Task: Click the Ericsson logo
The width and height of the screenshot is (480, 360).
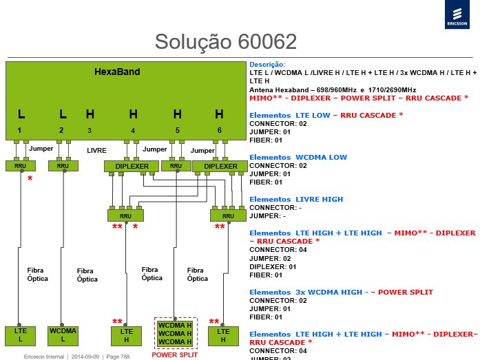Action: pos(457,14)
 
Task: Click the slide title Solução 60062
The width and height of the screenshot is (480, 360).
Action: pos(226,41)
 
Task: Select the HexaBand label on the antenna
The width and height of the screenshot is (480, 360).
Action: pos(117,72)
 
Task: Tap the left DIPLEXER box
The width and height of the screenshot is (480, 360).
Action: pos(132,167)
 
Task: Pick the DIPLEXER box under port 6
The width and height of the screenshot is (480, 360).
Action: pos(220,167)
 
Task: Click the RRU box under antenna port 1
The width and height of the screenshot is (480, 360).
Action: pos(21,166)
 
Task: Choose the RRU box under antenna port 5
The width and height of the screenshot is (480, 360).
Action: pos(176,166)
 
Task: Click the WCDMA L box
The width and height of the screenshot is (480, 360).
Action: pos(63,336)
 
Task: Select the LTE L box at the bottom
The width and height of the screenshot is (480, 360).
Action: pos(20,336)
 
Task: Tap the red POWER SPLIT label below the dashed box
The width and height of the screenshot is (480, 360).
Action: pos(175,355)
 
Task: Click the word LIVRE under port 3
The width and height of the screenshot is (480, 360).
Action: pos(96,151)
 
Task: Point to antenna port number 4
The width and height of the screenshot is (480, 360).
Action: pos(133,131)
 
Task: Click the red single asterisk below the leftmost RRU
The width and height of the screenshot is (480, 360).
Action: pos(30,178)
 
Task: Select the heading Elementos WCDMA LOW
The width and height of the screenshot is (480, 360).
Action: pos(298,157)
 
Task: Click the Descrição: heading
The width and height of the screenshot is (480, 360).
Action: pos(267,65)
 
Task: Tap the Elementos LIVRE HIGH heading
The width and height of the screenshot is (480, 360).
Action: pos(296,199)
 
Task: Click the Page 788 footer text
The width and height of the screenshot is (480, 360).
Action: pos(118,357)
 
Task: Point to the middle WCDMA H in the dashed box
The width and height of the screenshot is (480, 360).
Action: pos(175,333)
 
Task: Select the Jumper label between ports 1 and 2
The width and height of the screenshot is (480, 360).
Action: pos(41,149)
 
